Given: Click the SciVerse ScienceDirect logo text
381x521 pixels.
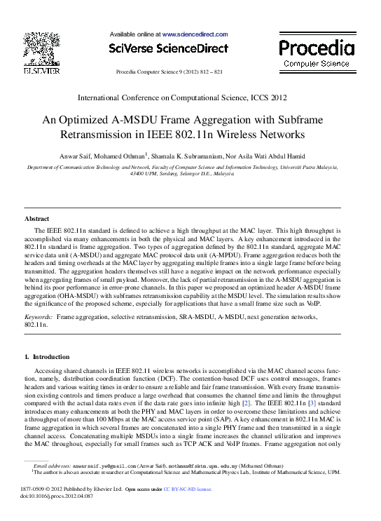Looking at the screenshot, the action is (168, 48).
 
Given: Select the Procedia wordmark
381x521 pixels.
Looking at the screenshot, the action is (317, 48).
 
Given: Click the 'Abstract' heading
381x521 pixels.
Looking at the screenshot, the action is (37, 219).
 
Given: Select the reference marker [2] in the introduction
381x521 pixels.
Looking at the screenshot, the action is (246, 405).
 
